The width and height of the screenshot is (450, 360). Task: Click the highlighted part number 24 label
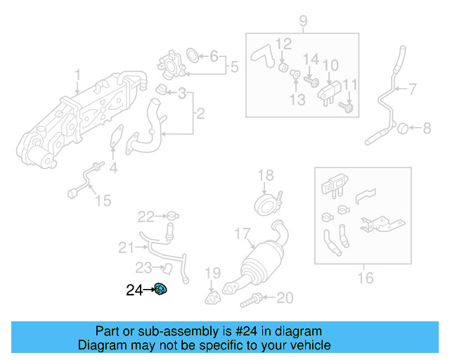tap(134, 289)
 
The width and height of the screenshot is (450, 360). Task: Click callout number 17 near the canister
tap(241, 233)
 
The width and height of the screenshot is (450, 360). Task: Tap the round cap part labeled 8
tap(403, 128)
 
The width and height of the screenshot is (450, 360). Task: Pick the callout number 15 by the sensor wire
tap(103, 201)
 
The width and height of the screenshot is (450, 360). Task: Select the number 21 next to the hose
tap(126, 247)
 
